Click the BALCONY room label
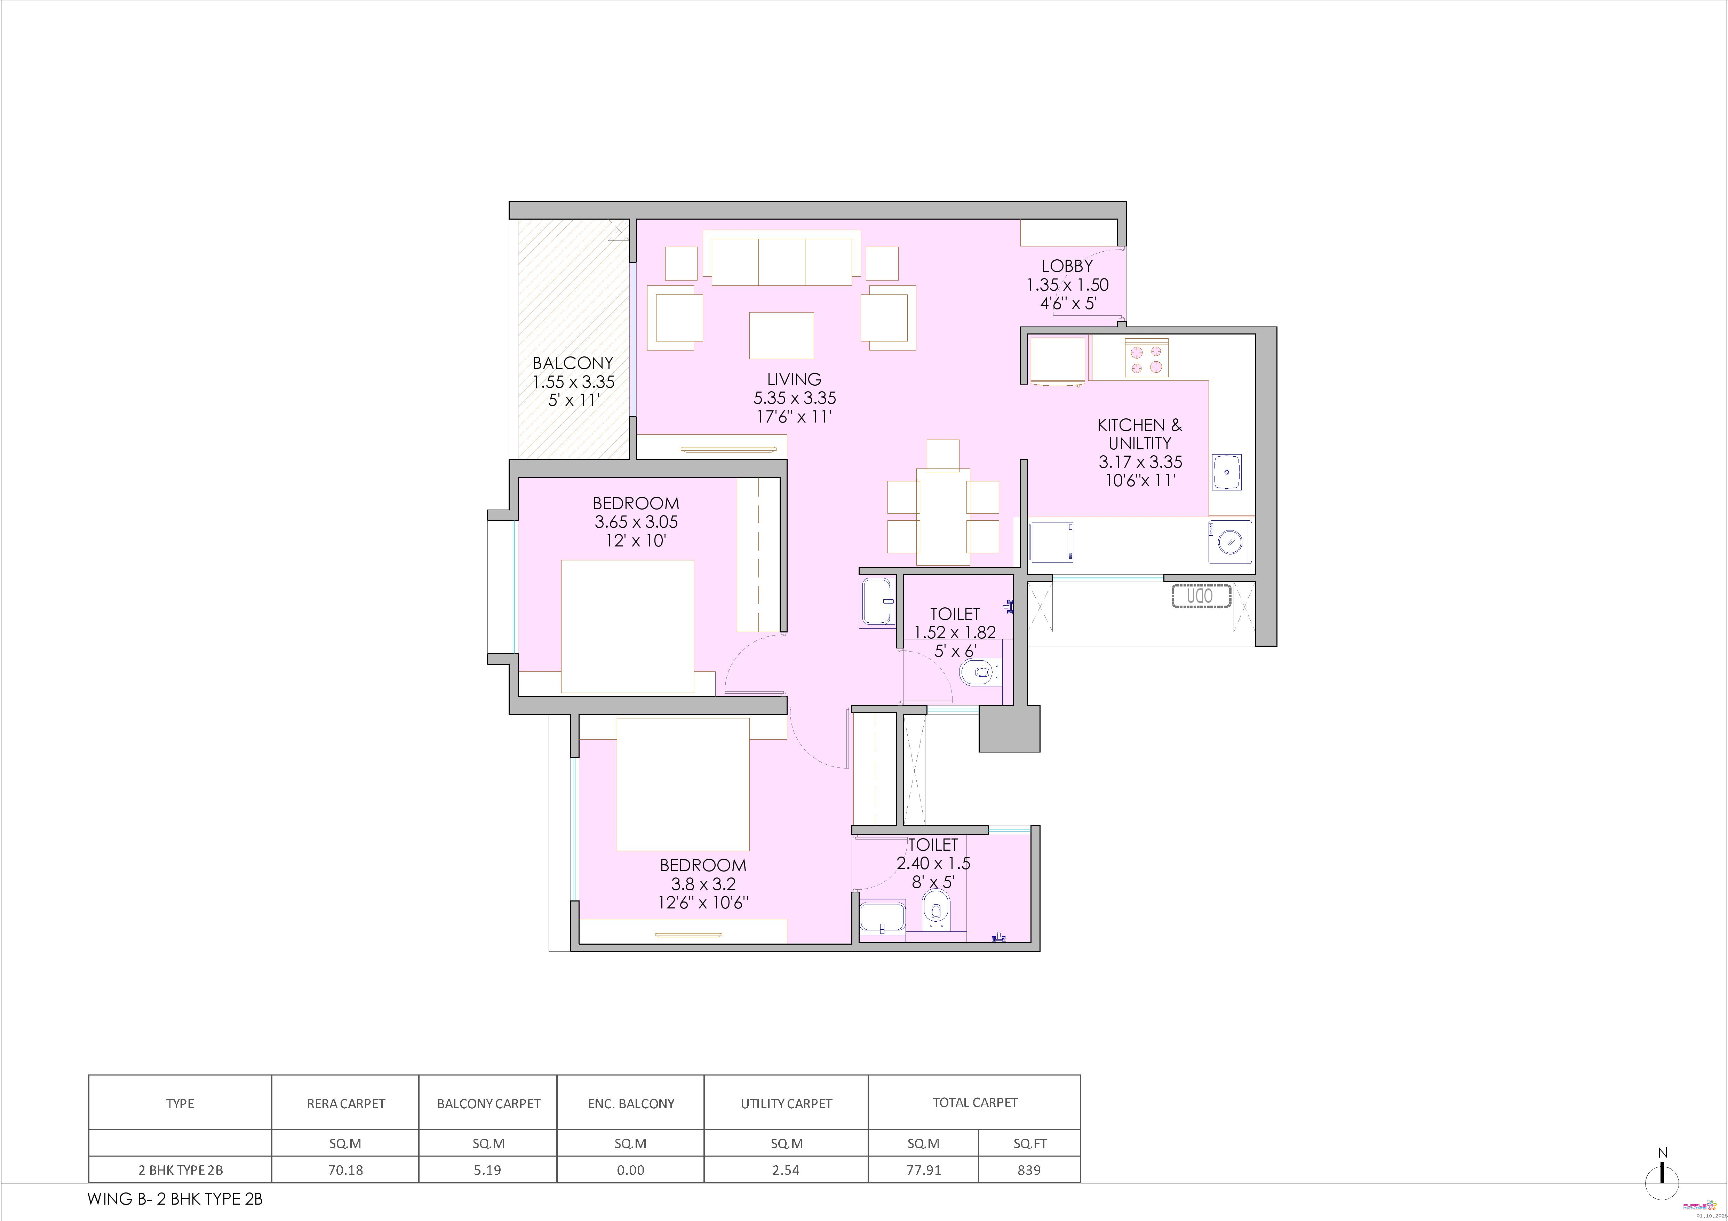[573, 363]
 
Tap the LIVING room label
[794, 379]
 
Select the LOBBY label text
[1067, 266]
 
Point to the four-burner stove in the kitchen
[1146, 357]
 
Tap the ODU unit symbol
[1201, 596]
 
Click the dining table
[943, 517]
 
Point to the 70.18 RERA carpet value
[345, 1170]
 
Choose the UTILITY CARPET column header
[786, 1104]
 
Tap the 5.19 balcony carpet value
[488, 1170]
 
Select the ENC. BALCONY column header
[631, 1104]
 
